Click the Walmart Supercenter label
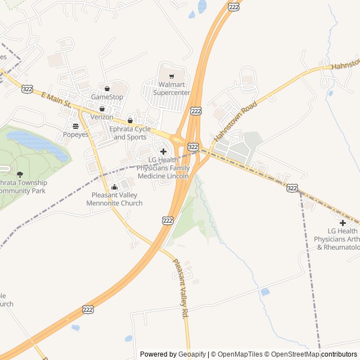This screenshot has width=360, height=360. [x=172, y=88]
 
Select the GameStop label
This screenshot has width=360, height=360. [x=107, y=97]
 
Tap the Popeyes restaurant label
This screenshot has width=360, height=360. [x=75, y=134]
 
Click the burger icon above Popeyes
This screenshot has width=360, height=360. [x=75, y=126]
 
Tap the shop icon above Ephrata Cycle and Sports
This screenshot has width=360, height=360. [x=130, y=120]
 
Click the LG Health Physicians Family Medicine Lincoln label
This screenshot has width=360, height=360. [x=163, y=168]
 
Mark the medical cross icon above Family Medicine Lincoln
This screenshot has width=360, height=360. [x=163, y=151]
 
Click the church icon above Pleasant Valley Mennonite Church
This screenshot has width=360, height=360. [x=115, y=187]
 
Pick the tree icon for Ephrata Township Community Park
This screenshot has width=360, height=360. [x=20, y=174]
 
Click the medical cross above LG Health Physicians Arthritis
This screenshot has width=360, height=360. [x=343, y=223]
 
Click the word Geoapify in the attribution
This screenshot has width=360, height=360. [x=192, y=354]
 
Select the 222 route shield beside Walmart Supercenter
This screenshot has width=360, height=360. [x=195, y=111]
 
